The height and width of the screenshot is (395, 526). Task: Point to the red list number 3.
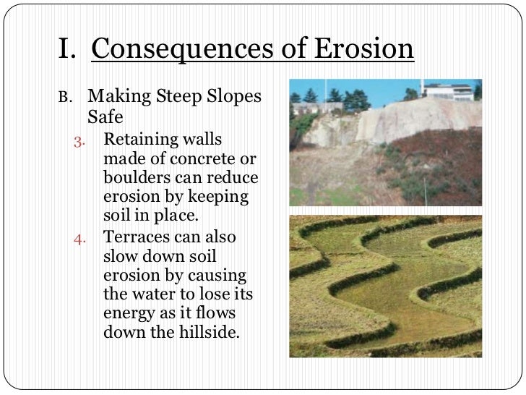tap(80, 140)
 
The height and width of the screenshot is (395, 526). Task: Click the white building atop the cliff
tap(449, 91)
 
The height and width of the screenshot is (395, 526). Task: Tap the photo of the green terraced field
tap(384, 285)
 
